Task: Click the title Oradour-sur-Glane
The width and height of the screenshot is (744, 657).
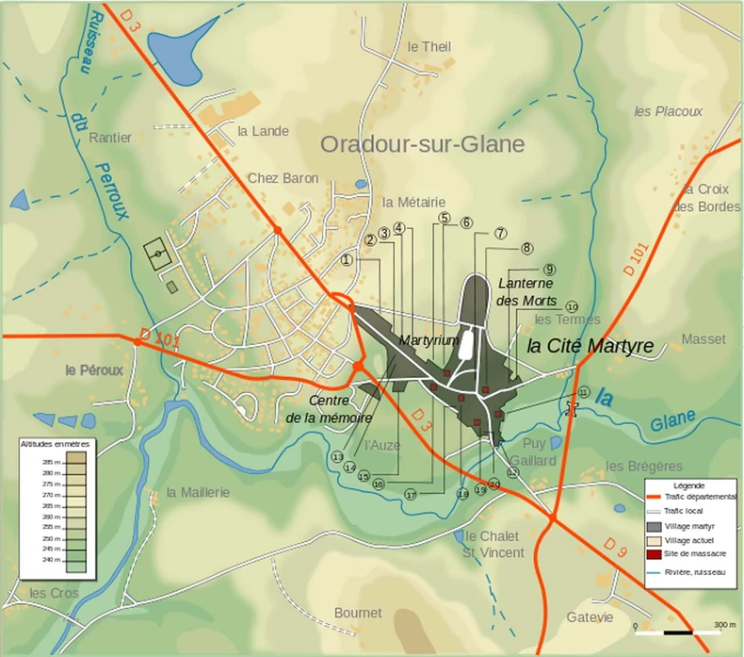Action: [422, 144]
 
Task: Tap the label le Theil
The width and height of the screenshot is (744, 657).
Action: [429, 46]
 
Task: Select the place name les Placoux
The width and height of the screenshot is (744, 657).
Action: [668, 111]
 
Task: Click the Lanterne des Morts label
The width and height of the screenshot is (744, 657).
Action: [528, 291]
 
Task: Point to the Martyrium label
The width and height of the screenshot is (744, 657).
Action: [428, 338]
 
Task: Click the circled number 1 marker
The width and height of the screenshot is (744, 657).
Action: [347, 260]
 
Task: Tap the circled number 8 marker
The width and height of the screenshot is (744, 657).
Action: [526, 248]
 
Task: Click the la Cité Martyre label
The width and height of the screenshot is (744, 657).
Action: [590, 346]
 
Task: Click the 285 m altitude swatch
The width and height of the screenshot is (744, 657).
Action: [75, 462]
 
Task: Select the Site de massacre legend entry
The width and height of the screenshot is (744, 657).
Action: [692, 553]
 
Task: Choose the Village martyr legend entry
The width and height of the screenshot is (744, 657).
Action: [692, 525]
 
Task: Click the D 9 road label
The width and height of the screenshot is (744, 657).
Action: [614, 546]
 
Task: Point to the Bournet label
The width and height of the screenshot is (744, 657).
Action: [358, 613]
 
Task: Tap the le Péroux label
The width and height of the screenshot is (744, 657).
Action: [94, 370]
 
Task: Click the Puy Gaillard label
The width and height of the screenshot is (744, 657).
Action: [533, 452]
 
